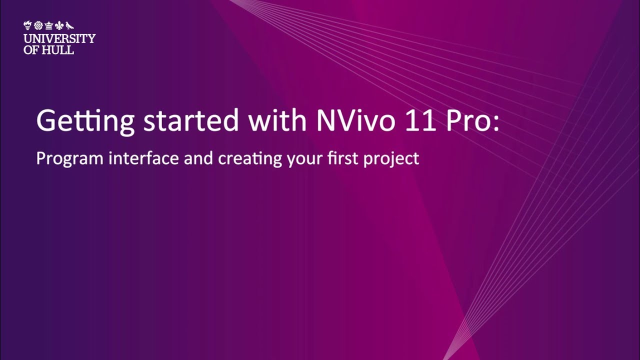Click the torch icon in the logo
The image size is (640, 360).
tap(27, 25)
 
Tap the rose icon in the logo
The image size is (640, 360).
tap(37, 25)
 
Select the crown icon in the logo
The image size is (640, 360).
tap(48, 25)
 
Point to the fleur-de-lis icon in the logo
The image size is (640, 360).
tap(59, 25)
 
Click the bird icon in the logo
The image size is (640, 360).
tap(70, 25)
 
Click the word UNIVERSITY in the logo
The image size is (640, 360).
tap(59, 38)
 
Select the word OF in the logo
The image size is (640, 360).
tap(30, 50)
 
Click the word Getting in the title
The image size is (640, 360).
tap(85, 121)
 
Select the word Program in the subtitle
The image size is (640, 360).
tap(70, 159)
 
